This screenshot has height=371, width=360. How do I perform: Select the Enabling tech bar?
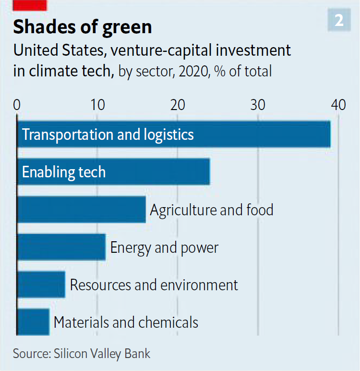point(158,172)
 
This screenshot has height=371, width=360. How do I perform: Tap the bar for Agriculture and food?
point(81,210)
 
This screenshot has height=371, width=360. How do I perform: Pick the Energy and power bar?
point(61,247)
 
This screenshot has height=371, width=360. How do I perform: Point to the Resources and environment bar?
point(41,284)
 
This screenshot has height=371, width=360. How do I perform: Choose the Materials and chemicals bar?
point(33,322)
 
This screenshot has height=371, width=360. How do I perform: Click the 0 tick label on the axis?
point(17,104)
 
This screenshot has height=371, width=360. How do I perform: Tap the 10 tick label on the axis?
point(97,104)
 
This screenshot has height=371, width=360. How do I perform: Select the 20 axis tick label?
point(178,104)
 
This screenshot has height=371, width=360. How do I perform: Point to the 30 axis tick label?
point(258,104)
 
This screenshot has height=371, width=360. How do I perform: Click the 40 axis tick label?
point(338,104)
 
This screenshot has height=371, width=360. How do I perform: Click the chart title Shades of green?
point(83,27)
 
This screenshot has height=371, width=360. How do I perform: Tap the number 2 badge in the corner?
point(339,20)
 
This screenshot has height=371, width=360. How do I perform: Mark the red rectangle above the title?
point(30,5)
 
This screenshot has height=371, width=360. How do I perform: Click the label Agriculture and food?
point(212,210)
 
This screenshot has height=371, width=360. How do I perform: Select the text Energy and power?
point(164,247)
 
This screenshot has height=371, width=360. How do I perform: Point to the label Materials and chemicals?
point(126,322)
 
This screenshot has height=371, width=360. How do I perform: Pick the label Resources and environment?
point(154,284)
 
